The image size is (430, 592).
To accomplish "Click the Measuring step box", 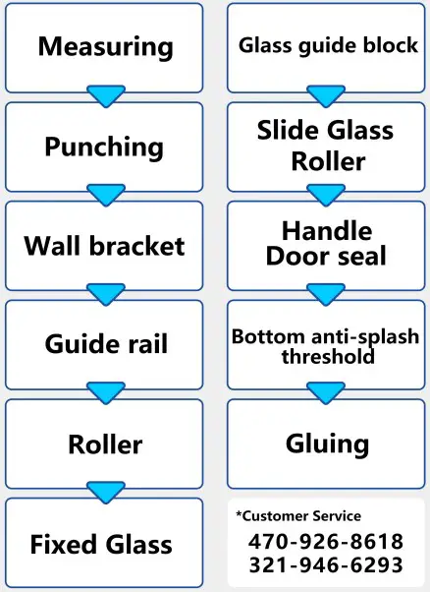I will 105,47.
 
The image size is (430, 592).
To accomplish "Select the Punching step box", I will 105,147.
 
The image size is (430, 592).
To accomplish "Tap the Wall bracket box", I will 105,245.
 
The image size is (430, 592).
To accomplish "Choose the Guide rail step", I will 105,344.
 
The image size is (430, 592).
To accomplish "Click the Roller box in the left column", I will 105,444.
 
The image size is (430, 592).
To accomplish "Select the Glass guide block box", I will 328,46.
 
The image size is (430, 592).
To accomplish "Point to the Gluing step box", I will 328,443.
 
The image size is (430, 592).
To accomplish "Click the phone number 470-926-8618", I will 325,541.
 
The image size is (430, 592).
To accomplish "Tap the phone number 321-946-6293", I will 325,565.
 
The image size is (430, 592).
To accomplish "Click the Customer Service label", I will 298,516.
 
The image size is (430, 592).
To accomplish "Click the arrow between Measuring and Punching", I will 106,96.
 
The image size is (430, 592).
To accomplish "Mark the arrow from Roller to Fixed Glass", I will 106,492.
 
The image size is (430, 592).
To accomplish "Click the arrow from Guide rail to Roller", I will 106,393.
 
